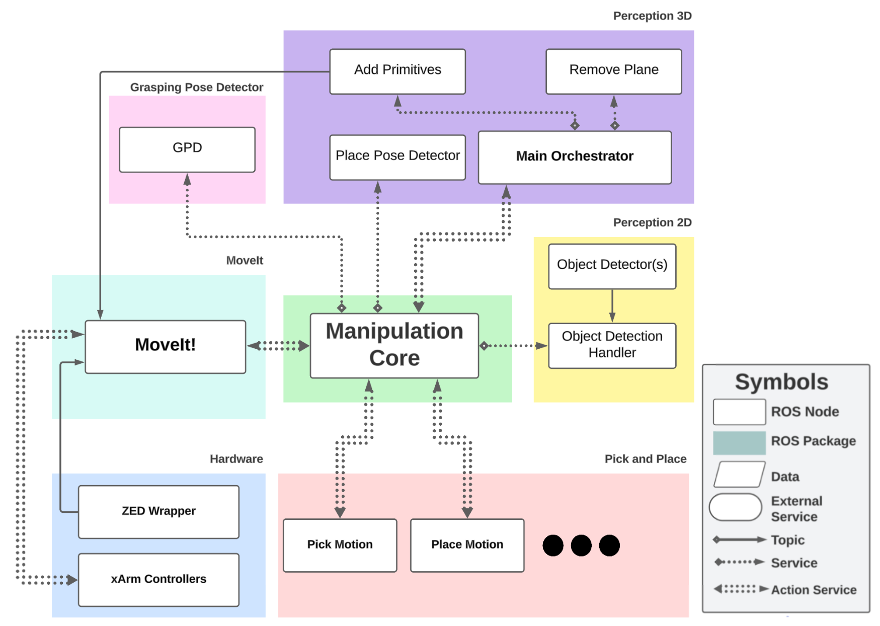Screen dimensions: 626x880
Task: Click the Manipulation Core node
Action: point(394,345)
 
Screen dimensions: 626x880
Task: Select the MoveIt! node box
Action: point(165,346)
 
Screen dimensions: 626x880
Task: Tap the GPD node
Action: point(187,149)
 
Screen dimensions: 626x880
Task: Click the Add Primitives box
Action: point(397,71)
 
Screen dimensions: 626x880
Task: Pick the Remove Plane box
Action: point(613,71)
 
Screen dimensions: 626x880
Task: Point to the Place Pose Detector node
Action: point(397,157)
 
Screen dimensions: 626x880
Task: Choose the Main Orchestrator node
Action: point(574,157)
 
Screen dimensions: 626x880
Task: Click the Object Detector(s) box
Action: point(612,266)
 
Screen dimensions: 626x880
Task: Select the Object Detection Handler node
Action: point(612,345)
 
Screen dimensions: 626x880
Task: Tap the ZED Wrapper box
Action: point(158,511)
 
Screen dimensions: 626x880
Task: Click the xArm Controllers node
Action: point(158,579)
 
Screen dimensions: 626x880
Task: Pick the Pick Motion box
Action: point(340,545)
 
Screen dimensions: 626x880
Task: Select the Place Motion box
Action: point(467,545)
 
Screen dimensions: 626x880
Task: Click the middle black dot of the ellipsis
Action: point(581,545)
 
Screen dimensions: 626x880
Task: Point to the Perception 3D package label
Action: point(652,16)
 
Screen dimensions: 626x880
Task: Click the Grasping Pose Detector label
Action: point(196,88)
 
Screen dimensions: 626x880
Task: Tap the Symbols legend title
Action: point(781,382)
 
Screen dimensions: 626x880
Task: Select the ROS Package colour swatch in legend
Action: point(739,442)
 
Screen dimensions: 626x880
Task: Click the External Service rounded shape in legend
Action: point(735,507)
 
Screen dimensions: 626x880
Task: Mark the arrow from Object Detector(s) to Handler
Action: point(612,305)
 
